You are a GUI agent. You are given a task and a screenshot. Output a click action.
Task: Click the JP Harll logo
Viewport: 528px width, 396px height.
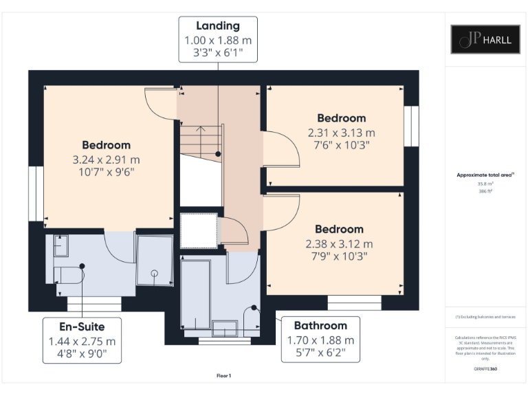click(485, 39)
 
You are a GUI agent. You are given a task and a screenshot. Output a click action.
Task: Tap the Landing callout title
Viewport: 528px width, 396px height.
click(218, 26)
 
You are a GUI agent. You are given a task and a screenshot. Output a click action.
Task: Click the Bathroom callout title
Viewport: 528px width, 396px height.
click(320, 325)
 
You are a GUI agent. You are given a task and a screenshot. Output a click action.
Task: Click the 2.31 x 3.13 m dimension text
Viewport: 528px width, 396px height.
click(341, 132)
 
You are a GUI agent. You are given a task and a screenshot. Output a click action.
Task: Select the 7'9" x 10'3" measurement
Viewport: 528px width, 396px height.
click(339, 256)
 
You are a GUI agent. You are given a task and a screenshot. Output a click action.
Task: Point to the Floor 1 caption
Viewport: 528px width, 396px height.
click(223, 375)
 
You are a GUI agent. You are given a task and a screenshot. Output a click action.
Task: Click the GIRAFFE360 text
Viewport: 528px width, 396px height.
click(485, 369)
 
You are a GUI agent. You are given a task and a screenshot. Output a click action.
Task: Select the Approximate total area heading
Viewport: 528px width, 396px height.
click(485, 175)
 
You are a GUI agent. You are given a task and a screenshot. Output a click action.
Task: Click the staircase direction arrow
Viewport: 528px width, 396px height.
click(200, 128)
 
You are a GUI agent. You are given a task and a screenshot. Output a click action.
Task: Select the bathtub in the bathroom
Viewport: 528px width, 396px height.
click(195, 292)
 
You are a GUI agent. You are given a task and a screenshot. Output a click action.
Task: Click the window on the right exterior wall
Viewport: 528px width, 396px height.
click(411, 126)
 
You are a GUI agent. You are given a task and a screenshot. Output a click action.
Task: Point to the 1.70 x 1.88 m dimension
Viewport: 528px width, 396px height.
click(320, 340)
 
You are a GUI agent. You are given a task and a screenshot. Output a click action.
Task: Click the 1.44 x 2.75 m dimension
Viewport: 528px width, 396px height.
click(82, 341)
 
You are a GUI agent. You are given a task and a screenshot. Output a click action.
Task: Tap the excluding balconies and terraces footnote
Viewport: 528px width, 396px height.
click(485, 316)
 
